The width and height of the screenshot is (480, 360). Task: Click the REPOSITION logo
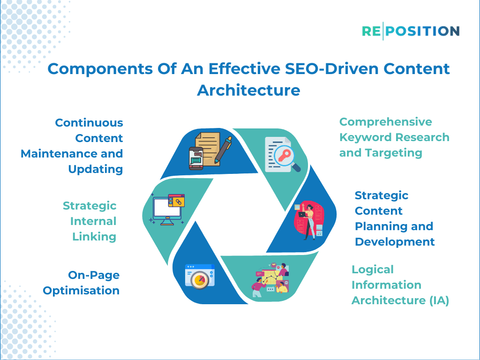(411, 31)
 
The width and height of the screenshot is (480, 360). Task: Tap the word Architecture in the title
(248, 90)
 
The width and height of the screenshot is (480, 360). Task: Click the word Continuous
(89, 123)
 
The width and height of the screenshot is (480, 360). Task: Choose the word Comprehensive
(385, 122)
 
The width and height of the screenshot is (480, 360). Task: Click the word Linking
(94, 237)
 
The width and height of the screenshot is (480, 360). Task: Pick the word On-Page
(94, 275)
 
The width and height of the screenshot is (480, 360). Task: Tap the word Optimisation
(81, 291)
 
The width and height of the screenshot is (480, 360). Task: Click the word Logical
(373, 270)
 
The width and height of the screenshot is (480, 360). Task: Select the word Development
(395, 242)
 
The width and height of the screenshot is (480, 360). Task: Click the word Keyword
(365, 137)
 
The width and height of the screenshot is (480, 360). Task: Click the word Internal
(93, 221)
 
